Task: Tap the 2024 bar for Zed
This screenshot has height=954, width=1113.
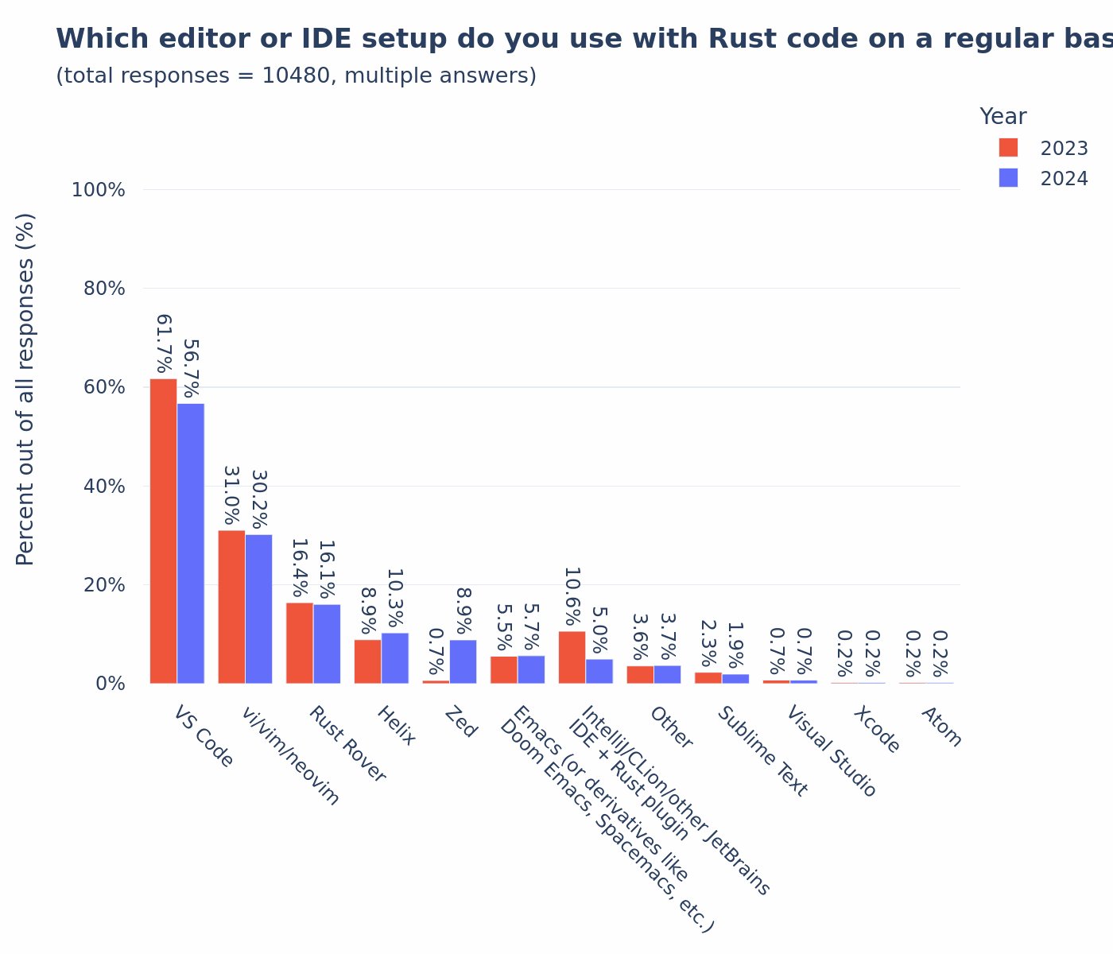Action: pos(463,661)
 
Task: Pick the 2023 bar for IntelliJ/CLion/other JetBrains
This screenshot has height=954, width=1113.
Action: pos(572,657)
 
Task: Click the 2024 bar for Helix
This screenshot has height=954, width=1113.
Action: pos(395,658)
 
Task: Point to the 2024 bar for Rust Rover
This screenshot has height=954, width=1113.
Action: pos(327,644)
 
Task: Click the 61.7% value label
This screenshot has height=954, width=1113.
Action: pos(164,343)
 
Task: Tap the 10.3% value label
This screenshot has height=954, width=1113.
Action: pos(395,598)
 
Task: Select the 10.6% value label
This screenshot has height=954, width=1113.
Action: pos(572,596)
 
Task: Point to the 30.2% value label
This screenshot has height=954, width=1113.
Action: pos(259,499)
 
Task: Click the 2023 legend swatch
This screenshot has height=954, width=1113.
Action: pos(1008,148)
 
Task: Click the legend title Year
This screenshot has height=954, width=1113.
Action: pos(1002,117)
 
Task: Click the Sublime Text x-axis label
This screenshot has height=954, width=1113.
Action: pos(762,751)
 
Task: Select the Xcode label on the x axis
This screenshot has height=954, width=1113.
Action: pos(876,730)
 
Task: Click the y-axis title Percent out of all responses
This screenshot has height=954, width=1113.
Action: pos(25,389)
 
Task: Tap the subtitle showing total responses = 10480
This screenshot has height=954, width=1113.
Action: pos(296,76)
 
